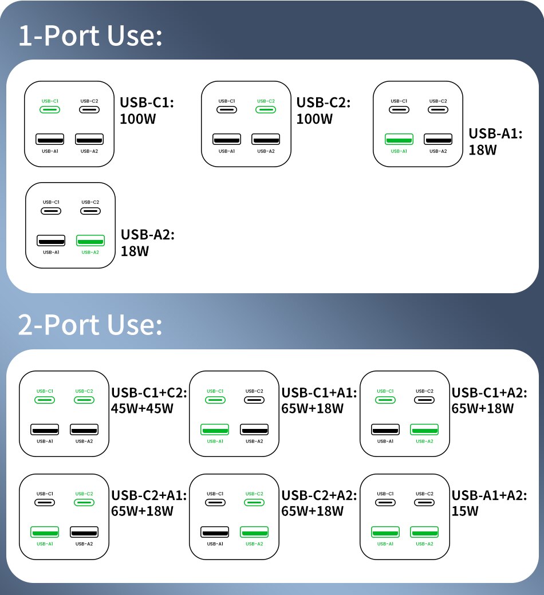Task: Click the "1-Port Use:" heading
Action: point(90,36)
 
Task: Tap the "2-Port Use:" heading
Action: point(90,325)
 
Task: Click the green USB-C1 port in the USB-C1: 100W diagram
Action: point(50,109)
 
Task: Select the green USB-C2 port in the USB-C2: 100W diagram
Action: point(266,109)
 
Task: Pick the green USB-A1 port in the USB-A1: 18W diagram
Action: point(399,139)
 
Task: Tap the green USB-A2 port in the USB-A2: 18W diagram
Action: point(90,239)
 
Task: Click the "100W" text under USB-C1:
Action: point(138,119)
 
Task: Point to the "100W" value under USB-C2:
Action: point(314,119)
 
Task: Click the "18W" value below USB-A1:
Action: point(483,150)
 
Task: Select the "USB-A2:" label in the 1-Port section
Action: point(148,234)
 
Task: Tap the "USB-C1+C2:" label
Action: point(149,393)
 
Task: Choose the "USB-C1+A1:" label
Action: point(319,393)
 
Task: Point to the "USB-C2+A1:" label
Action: point(149,495)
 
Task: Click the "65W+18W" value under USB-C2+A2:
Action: point(313,511)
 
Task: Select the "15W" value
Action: point(465,511)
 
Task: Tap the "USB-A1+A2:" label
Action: point(489,495)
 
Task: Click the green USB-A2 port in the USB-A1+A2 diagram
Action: point(424,531)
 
